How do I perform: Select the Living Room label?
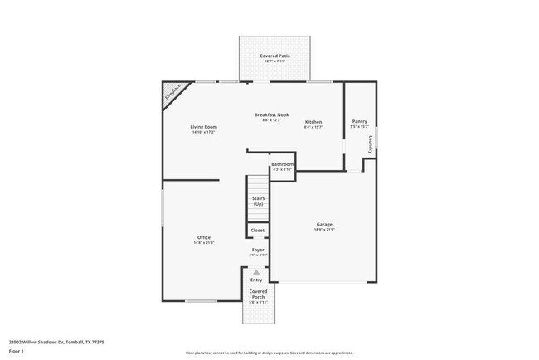tap(203, 126)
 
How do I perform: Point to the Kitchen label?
tap(313, 122)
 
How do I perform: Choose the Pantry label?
tap(359, 120)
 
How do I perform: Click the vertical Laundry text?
tap(370, 145)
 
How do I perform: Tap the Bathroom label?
tap(282, 164)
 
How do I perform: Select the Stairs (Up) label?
tap(258, 201)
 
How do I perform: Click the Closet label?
tap(258, 230)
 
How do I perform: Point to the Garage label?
tap(323, 224)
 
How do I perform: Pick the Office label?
tap(203, 237)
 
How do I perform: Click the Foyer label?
tap(258, 250)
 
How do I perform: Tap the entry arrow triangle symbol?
tap(257, 271)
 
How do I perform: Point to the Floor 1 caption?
tap(17, 350)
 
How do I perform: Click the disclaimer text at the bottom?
tap(269, 353)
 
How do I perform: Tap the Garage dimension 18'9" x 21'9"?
tap(323, 230)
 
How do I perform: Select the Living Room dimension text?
tap(203, 132)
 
